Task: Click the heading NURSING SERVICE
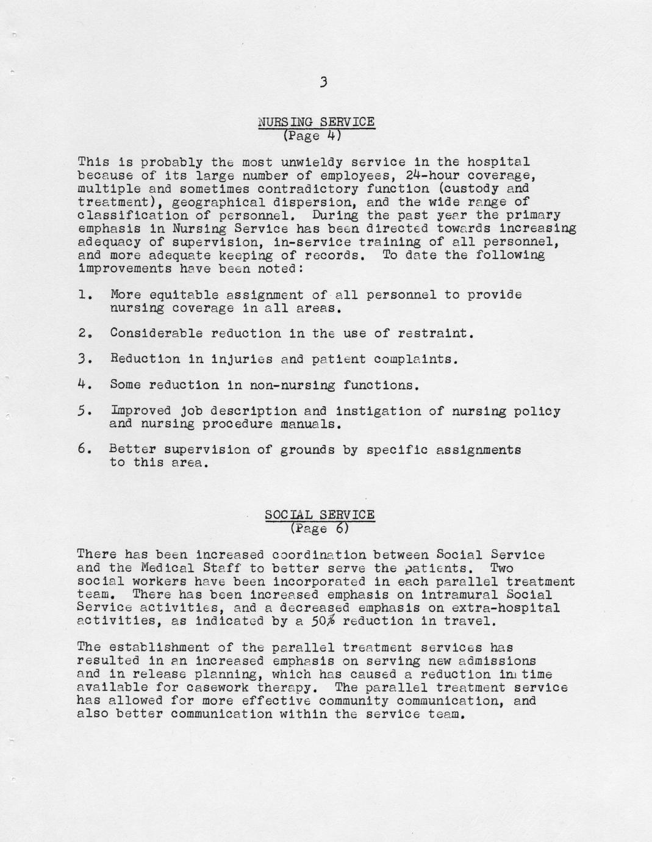pyautogui.click(x=317, y=122)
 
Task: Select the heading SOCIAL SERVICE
pyautogui.click(x=320, y=514)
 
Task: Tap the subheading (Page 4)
pyautogui.click(x=311, y=135)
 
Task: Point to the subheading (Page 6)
pyautogui.click(x=320, y=528)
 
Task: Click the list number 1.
pyautogui.click(x=85, y=295)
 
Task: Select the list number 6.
pyautogui.click(x=85, y=450)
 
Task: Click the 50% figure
pyautogui.click(x=328, y=621)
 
